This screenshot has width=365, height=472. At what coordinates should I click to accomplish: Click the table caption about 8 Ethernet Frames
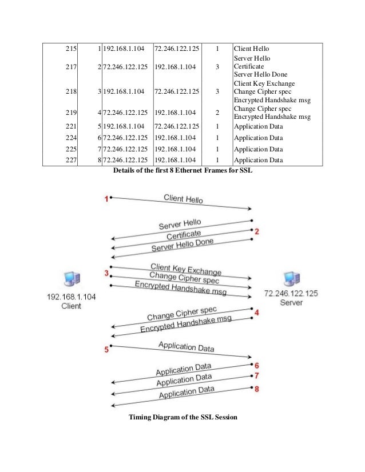[x=184, y=170]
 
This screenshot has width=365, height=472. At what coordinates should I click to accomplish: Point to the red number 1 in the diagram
[x=106, y=198]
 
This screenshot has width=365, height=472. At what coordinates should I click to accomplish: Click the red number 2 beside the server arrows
[x=257, y=231]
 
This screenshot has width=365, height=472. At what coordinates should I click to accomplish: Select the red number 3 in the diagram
[x=106, y=273]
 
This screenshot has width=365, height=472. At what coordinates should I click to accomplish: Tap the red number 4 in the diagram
[x=257, y=313]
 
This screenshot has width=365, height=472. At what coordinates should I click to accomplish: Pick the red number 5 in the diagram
[x=106, y=350]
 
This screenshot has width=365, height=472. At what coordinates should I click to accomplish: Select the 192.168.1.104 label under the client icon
[x=72, y=298]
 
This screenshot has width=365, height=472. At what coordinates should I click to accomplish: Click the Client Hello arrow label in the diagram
[x=183, y=199]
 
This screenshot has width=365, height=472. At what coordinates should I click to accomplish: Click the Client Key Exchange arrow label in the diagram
[x=185, y=269]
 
